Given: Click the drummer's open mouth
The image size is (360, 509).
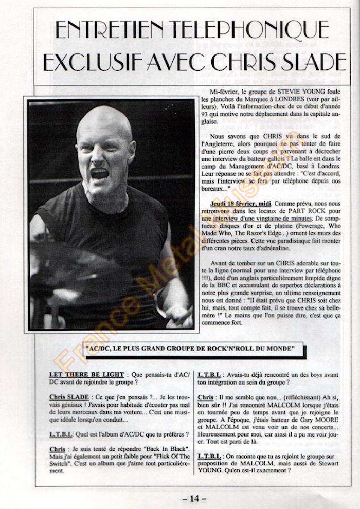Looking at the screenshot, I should [x=100, y=174].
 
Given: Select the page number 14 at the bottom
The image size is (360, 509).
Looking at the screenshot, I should [x=194, y=498].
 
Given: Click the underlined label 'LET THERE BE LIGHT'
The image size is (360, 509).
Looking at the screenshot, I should [x=86, y=375].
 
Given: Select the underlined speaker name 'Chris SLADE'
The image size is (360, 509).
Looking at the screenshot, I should [x=69, y=397].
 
